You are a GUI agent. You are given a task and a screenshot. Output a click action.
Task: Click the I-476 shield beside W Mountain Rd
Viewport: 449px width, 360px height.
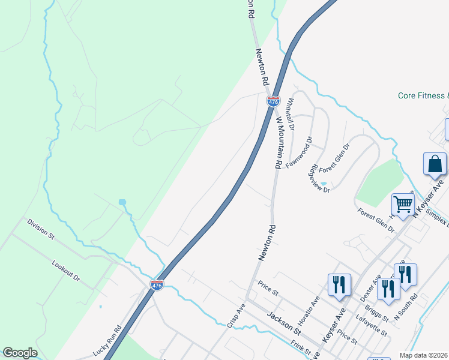point(273,101)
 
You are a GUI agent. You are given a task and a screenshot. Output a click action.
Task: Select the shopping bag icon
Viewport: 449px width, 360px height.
point(435,164)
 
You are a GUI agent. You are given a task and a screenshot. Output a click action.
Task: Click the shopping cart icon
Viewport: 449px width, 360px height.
point(403,204)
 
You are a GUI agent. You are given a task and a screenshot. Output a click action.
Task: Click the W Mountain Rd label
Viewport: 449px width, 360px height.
point(278,142)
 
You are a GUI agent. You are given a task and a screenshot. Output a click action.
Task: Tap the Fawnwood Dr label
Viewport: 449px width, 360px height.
point(300,152)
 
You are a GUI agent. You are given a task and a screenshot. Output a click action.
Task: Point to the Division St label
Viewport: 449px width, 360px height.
point(40,229)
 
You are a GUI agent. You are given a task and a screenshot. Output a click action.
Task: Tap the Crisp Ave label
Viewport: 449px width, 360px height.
point(237,314)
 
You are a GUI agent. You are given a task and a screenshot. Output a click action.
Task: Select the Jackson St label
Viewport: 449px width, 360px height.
point(283,323)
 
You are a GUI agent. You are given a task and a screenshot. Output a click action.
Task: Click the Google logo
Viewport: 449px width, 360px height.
point(20,353)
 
